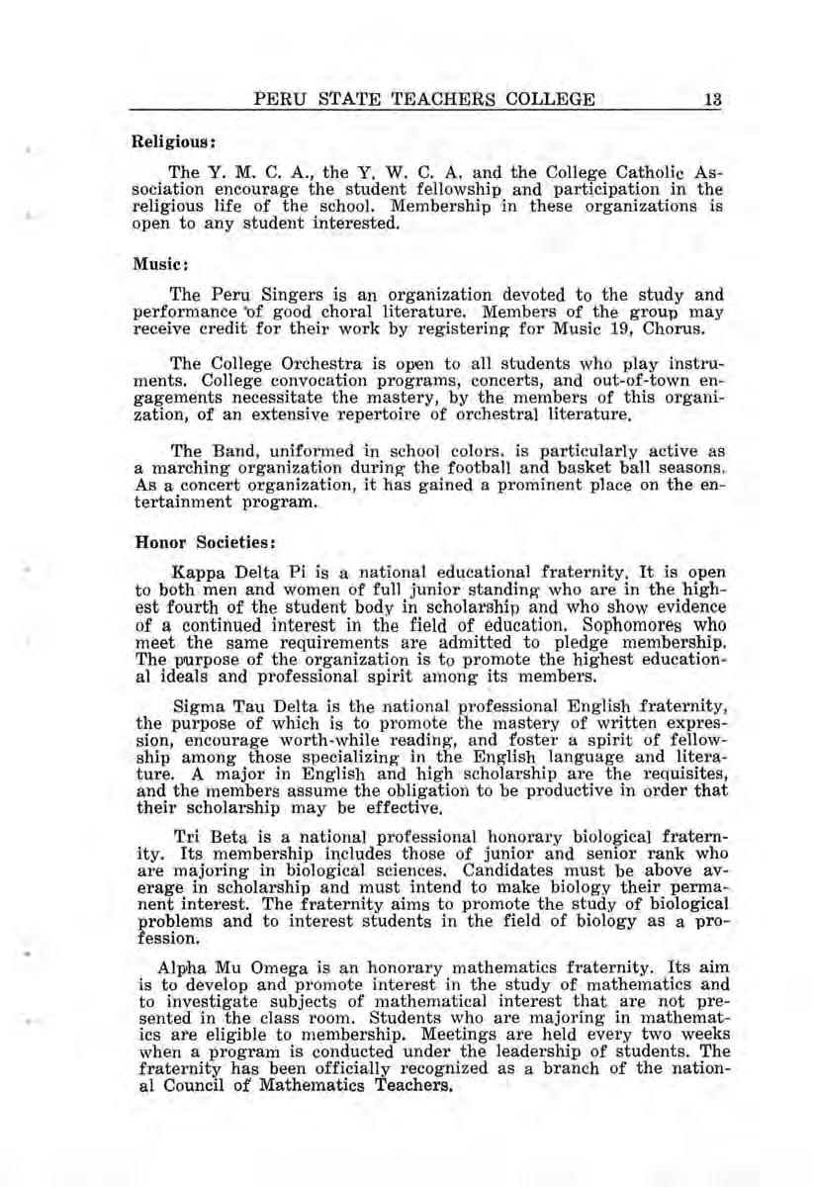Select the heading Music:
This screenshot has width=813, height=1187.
click(151, 266)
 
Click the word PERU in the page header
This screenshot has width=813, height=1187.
click(278, 99)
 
